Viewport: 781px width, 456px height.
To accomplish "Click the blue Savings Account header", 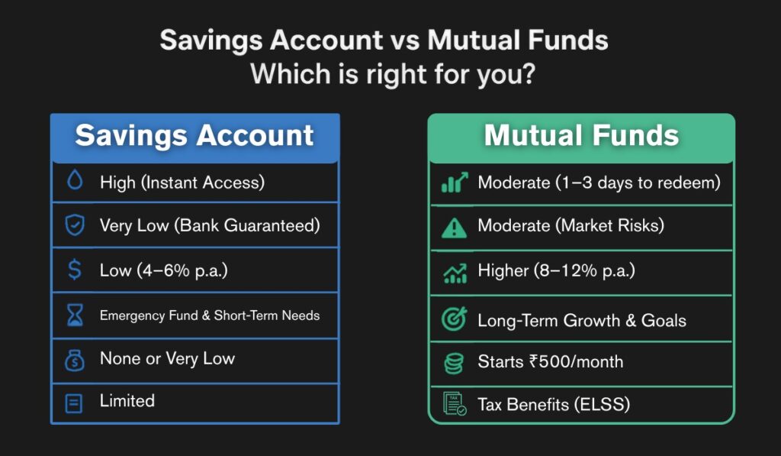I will coord(194,137).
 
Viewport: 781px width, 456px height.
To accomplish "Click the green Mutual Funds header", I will coord(581,137).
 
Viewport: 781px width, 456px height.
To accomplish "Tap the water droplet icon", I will coord(74,182).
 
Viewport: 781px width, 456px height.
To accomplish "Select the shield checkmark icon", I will coord(74,225).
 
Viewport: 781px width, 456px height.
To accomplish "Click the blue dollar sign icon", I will coord(74,270).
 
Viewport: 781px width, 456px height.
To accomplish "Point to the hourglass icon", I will coord(74,315).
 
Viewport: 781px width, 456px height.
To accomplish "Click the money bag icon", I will coord(74,359).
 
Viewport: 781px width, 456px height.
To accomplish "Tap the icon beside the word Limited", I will coord(74,403).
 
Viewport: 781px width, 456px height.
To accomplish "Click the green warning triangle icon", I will coord(455,227).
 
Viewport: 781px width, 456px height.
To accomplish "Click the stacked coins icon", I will coord(455,362).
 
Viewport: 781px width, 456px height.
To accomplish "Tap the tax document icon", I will coord(455,404).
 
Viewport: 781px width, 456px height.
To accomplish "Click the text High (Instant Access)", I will coord(181,183).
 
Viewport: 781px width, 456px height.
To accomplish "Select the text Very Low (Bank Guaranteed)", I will coord(209,225).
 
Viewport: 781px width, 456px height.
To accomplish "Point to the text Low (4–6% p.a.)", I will coord(164,270).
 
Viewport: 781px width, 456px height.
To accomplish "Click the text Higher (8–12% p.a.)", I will coord(556,271).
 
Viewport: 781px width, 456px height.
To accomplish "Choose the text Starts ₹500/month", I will coord(550,361).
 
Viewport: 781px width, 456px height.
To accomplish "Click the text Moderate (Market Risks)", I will coord(570,226).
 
